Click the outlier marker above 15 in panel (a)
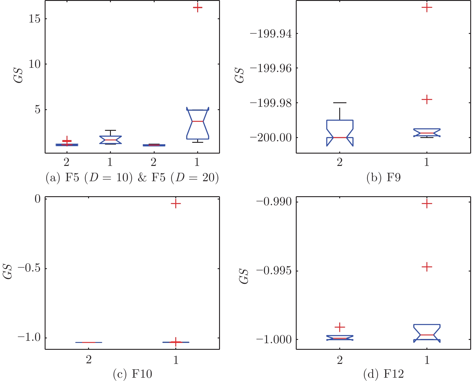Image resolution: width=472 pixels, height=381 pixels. [x=197, y=7]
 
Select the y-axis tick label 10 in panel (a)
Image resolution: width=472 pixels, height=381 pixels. [x=34, y=64]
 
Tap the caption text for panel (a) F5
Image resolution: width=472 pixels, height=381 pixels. [x=132, y=178]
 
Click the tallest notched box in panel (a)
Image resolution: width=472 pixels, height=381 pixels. [x=197, y=124]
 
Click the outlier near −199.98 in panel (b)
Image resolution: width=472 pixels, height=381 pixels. [x=427, y=99]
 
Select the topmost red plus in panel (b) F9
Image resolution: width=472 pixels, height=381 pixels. [x=427, y=7]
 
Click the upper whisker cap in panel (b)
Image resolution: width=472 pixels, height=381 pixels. [x=340, y=103]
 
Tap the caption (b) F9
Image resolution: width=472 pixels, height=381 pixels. [x=383, y=178]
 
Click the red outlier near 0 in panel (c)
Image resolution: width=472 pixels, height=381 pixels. [x=176, y=204]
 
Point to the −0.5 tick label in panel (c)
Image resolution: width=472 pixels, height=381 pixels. [x=29, y=268]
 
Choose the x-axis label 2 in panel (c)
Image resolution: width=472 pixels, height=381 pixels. [x=89, y=360]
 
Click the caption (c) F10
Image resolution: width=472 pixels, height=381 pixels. [x=132, y=374]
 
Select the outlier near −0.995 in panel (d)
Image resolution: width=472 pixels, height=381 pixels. [x=427, y=267]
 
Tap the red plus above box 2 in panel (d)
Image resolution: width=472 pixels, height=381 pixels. [x=340, y=327]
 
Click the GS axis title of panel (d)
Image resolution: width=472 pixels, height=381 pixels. [x=244, y=276]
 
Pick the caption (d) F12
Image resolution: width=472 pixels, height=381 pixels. [x=383, y=374]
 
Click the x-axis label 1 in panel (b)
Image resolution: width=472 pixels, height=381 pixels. [x=427, y=163]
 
